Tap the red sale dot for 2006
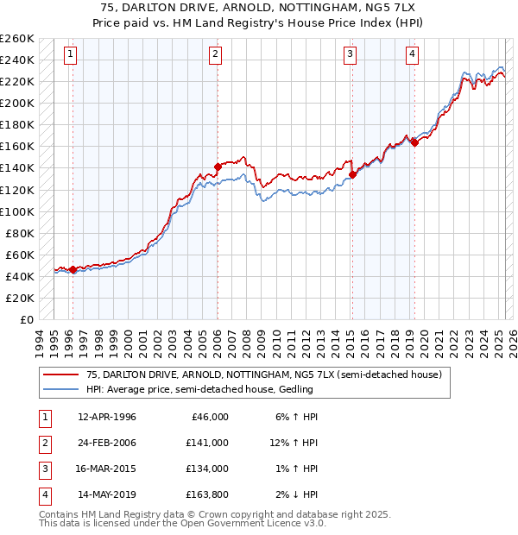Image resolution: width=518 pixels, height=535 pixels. [218, 167]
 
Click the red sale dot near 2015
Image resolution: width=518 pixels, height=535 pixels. [352, 174]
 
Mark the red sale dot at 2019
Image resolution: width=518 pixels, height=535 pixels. [414, 142]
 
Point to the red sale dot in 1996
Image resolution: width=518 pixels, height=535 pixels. [73, 269]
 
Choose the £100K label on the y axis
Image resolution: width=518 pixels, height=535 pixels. [16, 211]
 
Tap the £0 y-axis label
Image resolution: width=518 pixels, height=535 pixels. [25, 319]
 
